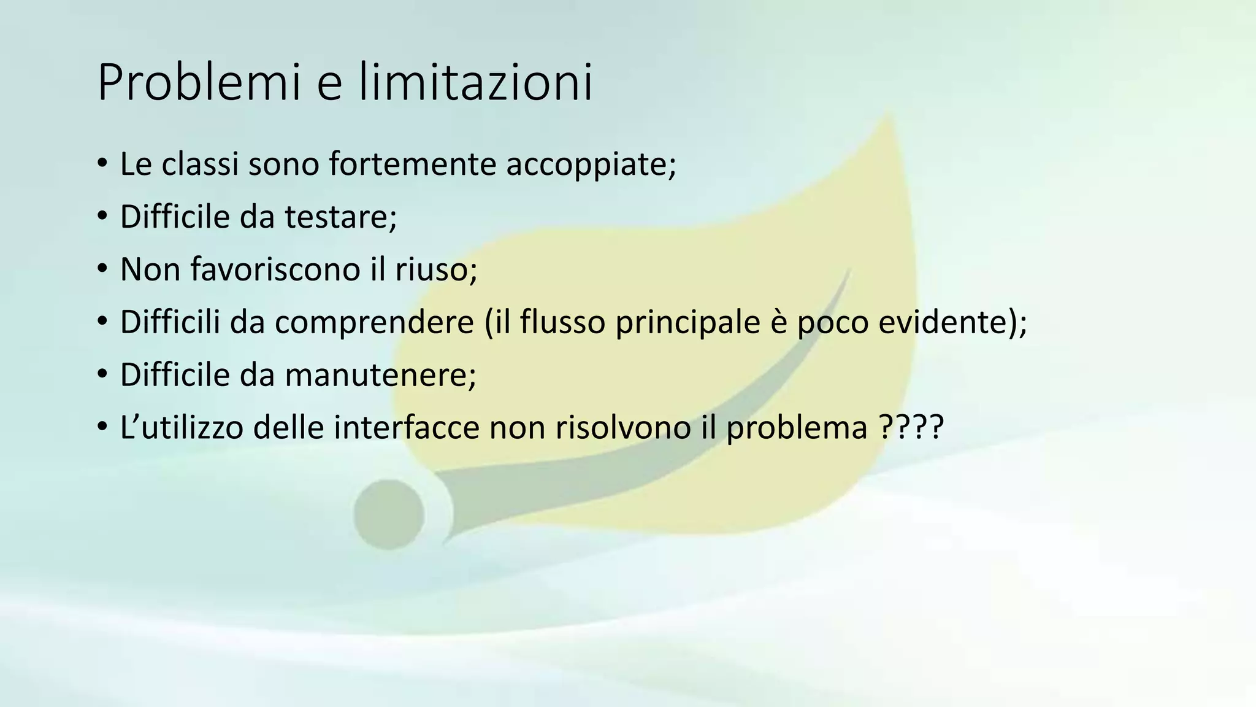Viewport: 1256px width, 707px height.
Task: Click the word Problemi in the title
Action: [x=199, y=83]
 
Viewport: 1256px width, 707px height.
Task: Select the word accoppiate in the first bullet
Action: [x=591, y=164]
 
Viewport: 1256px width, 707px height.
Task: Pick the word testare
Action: [x=341, y=217]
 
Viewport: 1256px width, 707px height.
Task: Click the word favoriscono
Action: [x=276, y=269]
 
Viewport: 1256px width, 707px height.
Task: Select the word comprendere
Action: [x=374, y=323]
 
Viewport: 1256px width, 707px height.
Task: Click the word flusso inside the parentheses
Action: [x=562, y=322]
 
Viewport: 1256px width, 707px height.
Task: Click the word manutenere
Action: [x=380, y=375]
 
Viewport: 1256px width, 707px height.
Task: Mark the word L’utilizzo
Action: [x=182, y=427]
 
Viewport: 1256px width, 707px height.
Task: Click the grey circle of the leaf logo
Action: [x=389, y=514]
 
